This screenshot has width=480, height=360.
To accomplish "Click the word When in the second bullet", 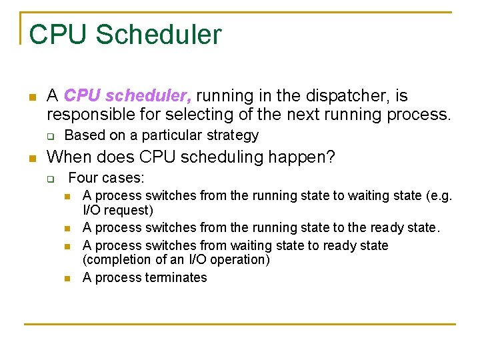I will click(x=69, y=157).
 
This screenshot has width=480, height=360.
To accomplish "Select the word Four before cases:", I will click(x=83, y=178).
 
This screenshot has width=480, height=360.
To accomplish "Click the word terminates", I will click(x=176, y=277).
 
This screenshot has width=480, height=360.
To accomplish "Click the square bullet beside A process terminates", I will click(x=67, y=278).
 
